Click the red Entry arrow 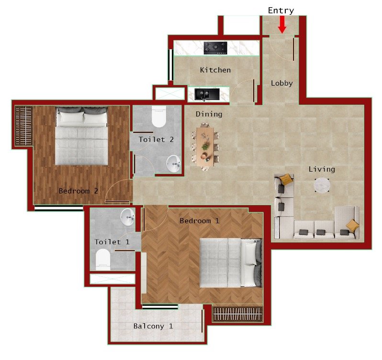[x=282, y=24]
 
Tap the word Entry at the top [x=281, y=11]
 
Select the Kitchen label [x=215, y=70]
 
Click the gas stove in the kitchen [x=215, y=47]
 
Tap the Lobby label [x=281, y=83]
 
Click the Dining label [x=209, y=114]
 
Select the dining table [x=205, y=146]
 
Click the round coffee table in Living [x=322, y=185]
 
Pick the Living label [x=322, y=169]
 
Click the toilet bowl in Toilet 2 [x=158, y=116]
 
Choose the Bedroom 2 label [x=78, y=191]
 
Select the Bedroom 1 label [x=199, y=221]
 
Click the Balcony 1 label [x=153, y=327]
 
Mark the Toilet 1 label [x=112, y=242]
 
